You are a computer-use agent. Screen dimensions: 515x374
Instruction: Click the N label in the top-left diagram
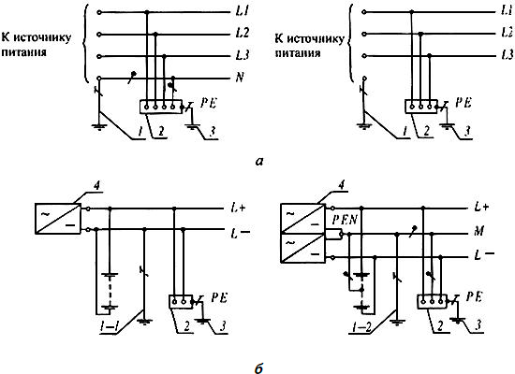coord(240,78)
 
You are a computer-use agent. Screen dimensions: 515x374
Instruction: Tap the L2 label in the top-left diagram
coord(243,33)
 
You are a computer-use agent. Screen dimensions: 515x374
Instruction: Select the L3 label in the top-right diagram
coord(508,54)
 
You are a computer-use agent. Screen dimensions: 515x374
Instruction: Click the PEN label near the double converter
coord(345,220)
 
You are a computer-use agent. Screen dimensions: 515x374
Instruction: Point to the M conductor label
coord(479,231)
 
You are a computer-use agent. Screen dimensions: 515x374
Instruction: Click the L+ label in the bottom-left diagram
coord(238,208)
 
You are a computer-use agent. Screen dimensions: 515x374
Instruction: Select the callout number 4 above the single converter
coord(96,186)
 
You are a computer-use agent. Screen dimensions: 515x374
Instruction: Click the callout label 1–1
coord(110,326)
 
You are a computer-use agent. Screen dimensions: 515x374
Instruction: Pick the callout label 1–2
coord(360,326)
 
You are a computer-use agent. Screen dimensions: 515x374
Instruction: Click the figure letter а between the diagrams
coord(259,161)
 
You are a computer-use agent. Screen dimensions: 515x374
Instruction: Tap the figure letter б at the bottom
coord(259,367)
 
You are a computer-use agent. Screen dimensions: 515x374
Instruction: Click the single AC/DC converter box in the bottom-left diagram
coord(58,219)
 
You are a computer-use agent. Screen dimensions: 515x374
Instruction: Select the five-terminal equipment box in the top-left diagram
coord(161,107)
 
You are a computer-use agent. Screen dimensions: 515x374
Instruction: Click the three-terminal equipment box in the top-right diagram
coord(420,107)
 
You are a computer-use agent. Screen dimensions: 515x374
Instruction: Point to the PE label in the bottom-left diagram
coord(219,297)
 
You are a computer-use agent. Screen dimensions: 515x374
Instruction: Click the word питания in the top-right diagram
coord(298,52)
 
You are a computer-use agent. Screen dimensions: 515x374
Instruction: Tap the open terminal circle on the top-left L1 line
coord(99,12)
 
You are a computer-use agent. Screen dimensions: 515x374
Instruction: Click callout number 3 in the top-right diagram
coord(467,131)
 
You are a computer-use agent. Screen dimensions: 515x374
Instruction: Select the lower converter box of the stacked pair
coord(302,248)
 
